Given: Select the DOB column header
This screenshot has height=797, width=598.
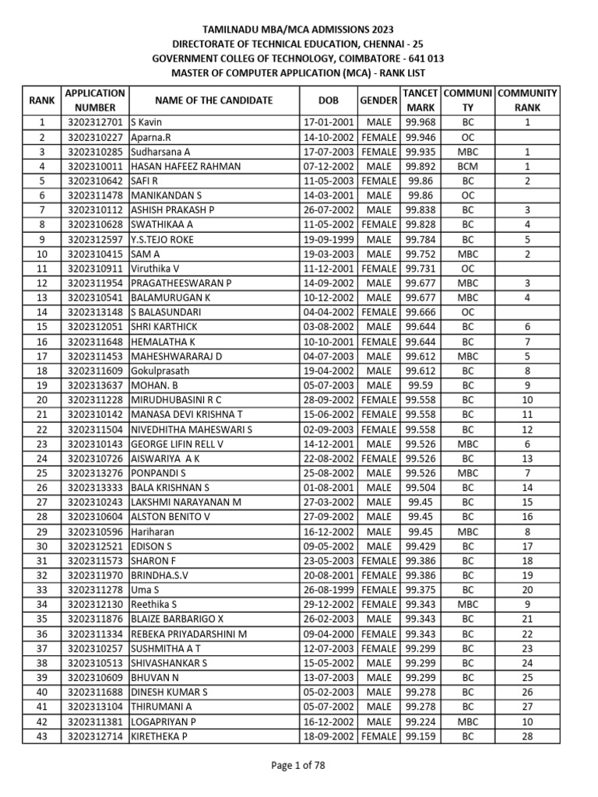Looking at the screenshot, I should (x=329, y=100).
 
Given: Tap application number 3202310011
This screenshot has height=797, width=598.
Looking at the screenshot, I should (x=96, y=167).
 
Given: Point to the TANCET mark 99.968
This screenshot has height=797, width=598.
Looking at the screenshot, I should (x=420, y=122).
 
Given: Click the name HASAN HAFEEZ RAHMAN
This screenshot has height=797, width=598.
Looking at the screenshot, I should (x=185, y=167).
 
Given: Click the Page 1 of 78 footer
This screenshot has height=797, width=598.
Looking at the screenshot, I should (x=298, y=765).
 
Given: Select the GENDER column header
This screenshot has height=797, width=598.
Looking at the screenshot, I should (x=378, y=100).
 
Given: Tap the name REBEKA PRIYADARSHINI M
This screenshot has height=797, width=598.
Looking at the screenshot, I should (x=189, y=634).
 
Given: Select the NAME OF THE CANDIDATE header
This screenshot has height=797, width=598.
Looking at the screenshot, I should (x=213, y=100).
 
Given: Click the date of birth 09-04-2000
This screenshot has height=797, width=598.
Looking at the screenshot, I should (x=329, y=634).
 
